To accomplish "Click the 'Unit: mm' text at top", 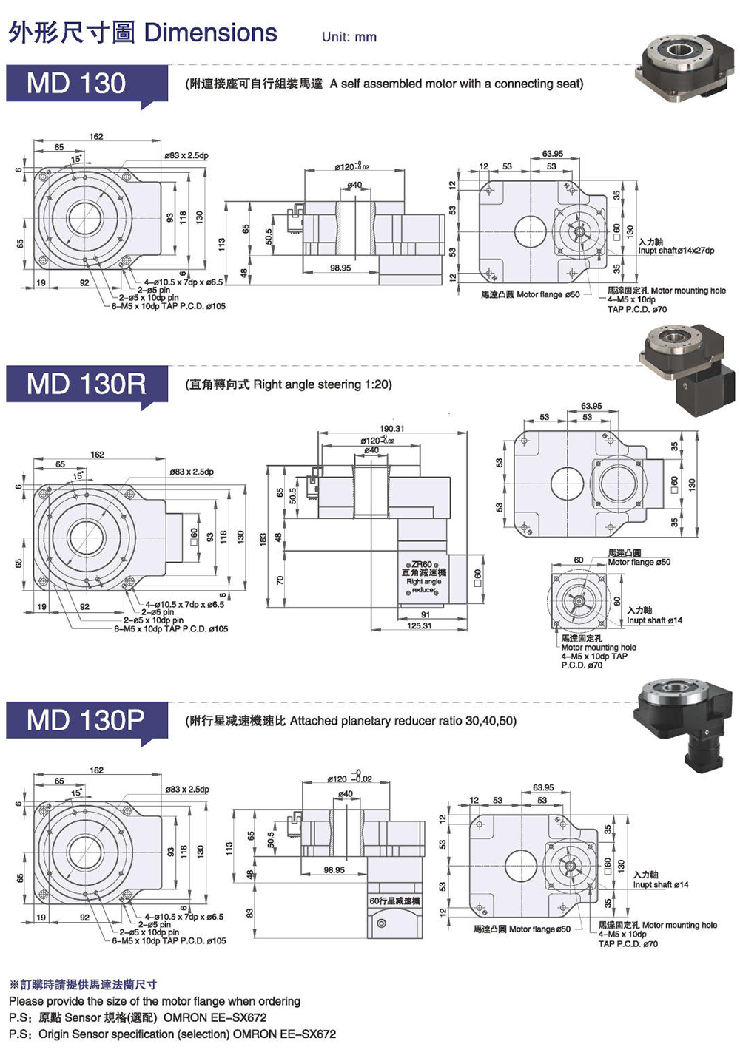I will pos(349,37).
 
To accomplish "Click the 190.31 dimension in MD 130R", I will pos(391,429).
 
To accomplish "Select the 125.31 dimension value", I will pos(419,626).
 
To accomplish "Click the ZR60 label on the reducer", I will pos(422,564).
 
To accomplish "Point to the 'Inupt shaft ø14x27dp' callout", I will pos(676,251).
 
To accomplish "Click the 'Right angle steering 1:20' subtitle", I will pos(289,384).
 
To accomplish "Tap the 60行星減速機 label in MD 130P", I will pos(394,901).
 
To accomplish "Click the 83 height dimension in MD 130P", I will pos(250,913).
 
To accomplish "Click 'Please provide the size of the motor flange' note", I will pos(155,1001).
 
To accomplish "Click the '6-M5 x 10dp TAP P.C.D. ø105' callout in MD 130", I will pos(169,306).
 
